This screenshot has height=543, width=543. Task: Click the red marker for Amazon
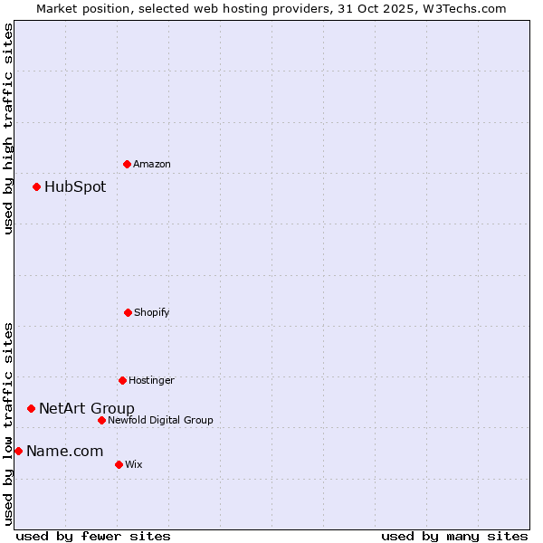click(x=128, y=164)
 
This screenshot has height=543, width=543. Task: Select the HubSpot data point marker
click(x=37, y=187)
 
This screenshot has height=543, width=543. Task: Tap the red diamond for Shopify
click(x=128, y=312)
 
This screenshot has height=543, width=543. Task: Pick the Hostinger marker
click(x=122, y=380)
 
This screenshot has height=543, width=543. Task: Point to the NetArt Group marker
click(x=31, y=408)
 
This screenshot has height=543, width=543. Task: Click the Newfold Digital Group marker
click(x=101, y=420)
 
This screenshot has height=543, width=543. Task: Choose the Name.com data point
click(x=18, y=451)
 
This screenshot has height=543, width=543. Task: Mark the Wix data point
click(x=119, y=464)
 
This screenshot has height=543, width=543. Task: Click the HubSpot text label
click(x=75, y=187)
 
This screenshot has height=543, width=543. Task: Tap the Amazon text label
click(x=152, y=164)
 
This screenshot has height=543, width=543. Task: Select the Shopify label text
click(x=152, y=312)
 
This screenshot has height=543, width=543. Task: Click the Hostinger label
click(x=151, y=380)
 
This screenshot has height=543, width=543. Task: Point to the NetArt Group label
click(x=87, y=408)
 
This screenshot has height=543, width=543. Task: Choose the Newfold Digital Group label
click(x=160, y=420)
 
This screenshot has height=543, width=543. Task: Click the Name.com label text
click(x=64, y=451)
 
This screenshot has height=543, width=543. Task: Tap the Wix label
click(x=134, y=464)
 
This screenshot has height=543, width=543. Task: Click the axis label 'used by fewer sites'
click(x=93, y=536)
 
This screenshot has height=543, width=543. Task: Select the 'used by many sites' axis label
click(x=454, y=536)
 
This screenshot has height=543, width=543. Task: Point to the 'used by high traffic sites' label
click(x=8, y=129)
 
